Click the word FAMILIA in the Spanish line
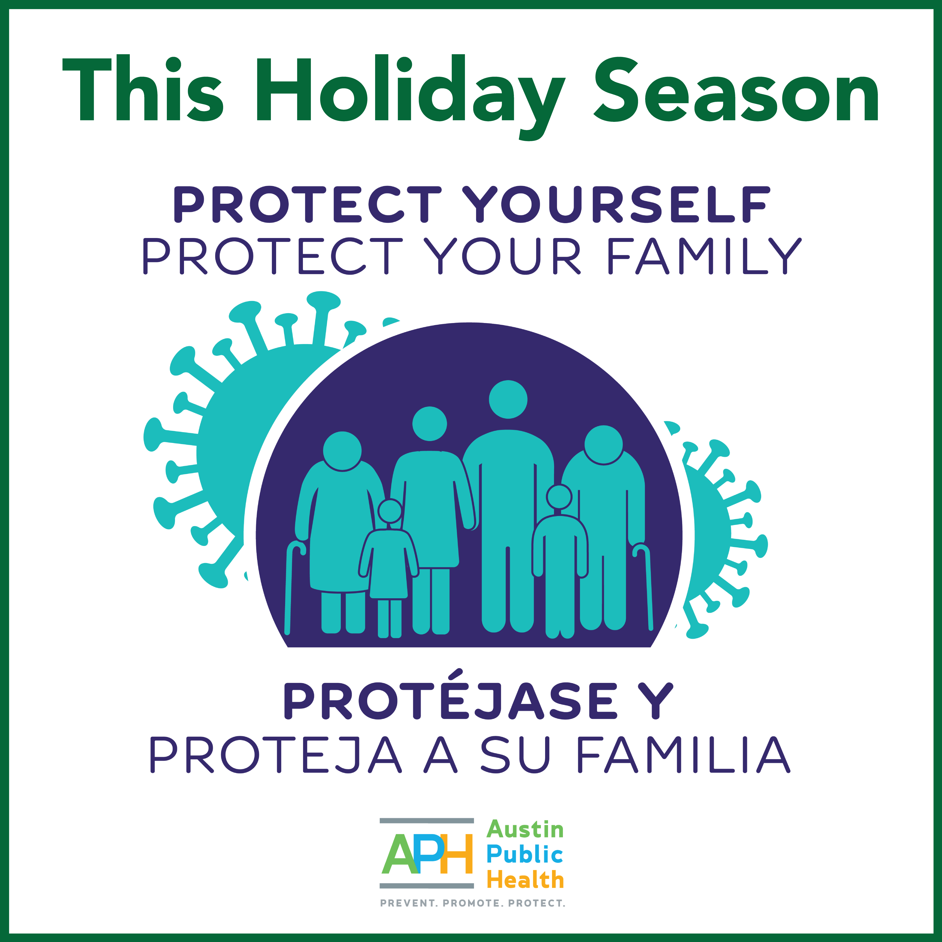(x=683, y=755)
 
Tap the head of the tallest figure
(x=508, y=399)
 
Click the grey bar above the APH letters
(x=427, y=821)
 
